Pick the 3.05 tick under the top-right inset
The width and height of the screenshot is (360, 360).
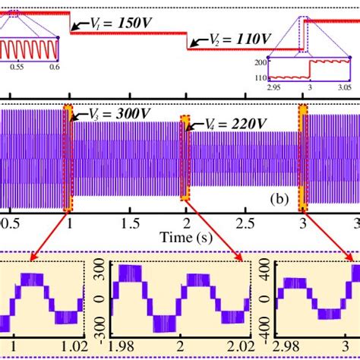pos(333,88)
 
